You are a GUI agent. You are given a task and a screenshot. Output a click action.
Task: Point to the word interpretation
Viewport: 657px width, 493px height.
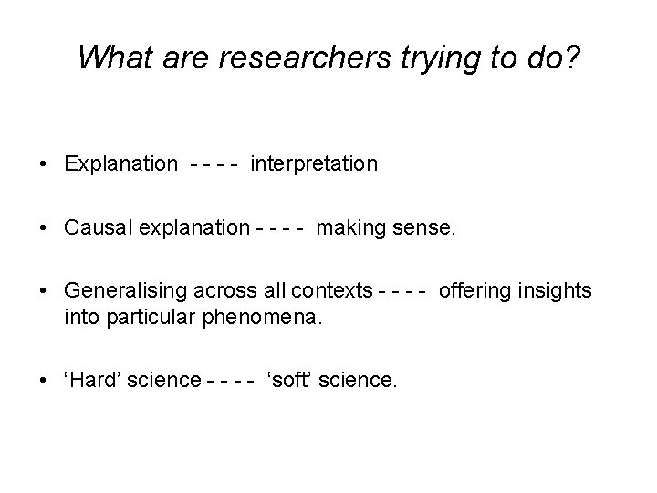point(313,163)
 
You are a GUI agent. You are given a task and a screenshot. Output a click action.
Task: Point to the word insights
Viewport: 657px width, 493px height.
point(553,291)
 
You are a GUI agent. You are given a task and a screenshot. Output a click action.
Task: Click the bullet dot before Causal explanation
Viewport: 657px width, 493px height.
point(43,227)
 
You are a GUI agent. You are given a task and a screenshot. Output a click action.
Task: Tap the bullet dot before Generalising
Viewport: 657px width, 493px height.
point(43,291)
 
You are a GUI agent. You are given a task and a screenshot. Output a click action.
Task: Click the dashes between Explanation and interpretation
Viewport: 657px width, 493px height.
point(215,164)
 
